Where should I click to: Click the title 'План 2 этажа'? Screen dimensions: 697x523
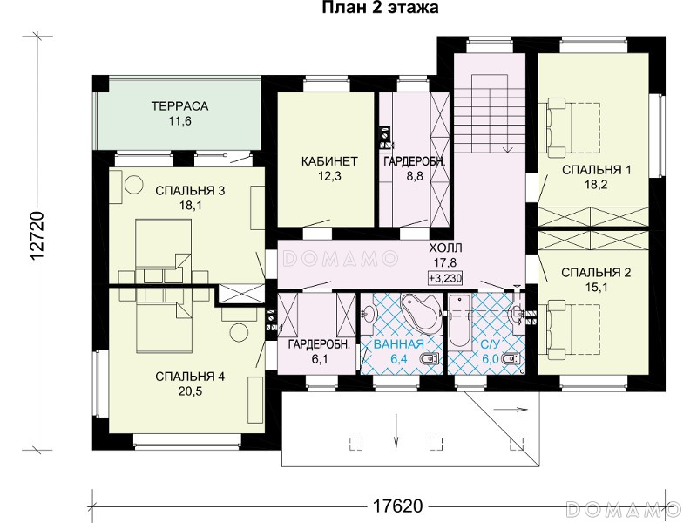(381, 8)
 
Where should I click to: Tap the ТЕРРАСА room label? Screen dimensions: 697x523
(179, 106)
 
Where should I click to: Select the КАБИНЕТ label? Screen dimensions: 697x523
(329, 161)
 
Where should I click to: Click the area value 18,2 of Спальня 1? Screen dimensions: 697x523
(596, 185)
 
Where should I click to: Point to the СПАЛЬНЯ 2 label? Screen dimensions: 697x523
(596, 272)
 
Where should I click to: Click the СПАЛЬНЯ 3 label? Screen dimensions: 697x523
(190, 191)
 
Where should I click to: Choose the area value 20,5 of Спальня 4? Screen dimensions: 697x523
(190, 391)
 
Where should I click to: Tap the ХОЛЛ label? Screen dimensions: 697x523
(445, 248)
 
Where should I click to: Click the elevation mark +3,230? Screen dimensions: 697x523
(445, 278)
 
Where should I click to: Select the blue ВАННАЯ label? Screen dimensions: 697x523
(399, 343)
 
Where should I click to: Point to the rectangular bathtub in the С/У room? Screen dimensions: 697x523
(459, 321)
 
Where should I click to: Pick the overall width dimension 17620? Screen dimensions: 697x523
(397, 506)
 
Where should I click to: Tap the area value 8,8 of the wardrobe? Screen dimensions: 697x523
(415, 176)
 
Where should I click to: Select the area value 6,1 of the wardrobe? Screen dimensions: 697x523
(320, 359)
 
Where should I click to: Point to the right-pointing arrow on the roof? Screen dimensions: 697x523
(511, 409)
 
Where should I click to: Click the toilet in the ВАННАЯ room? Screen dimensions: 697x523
(430, 358)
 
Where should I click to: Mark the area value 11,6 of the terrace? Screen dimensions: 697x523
(179, 121)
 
